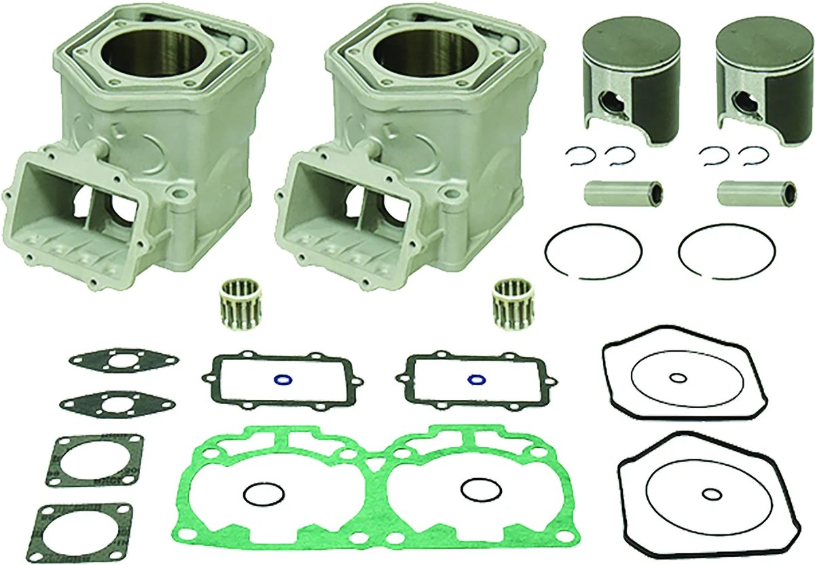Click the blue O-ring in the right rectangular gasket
click(476, 378)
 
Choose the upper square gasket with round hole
click(95, 460)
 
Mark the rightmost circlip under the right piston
click(751, 156)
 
